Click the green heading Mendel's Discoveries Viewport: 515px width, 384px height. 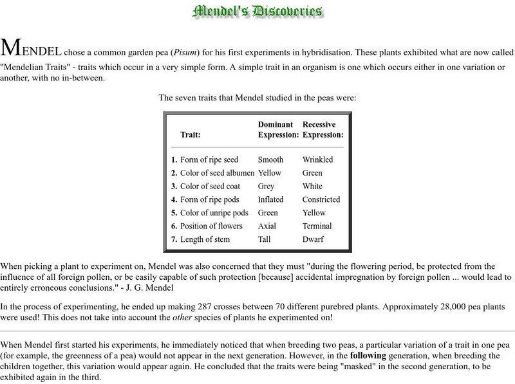257,11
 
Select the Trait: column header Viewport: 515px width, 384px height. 190,135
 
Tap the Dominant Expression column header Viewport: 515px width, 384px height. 278,129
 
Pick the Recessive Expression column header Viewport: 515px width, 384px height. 323,129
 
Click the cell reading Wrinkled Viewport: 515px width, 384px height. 318,160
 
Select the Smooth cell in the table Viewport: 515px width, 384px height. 270,160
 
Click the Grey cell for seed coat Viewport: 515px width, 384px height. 267,187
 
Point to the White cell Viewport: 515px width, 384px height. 312,187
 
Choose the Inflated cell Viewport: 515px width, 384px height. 270,199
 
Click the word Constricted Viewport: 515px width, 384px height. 321,199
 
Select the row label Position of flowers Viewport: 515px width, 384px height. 211,226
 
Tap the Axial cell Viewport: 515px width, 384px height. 267,226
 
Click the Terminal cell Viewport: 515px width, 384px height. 317,226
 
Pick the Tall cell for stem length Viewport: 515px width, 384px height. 265,239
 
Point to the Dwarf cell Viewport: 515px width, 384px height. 313,239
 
